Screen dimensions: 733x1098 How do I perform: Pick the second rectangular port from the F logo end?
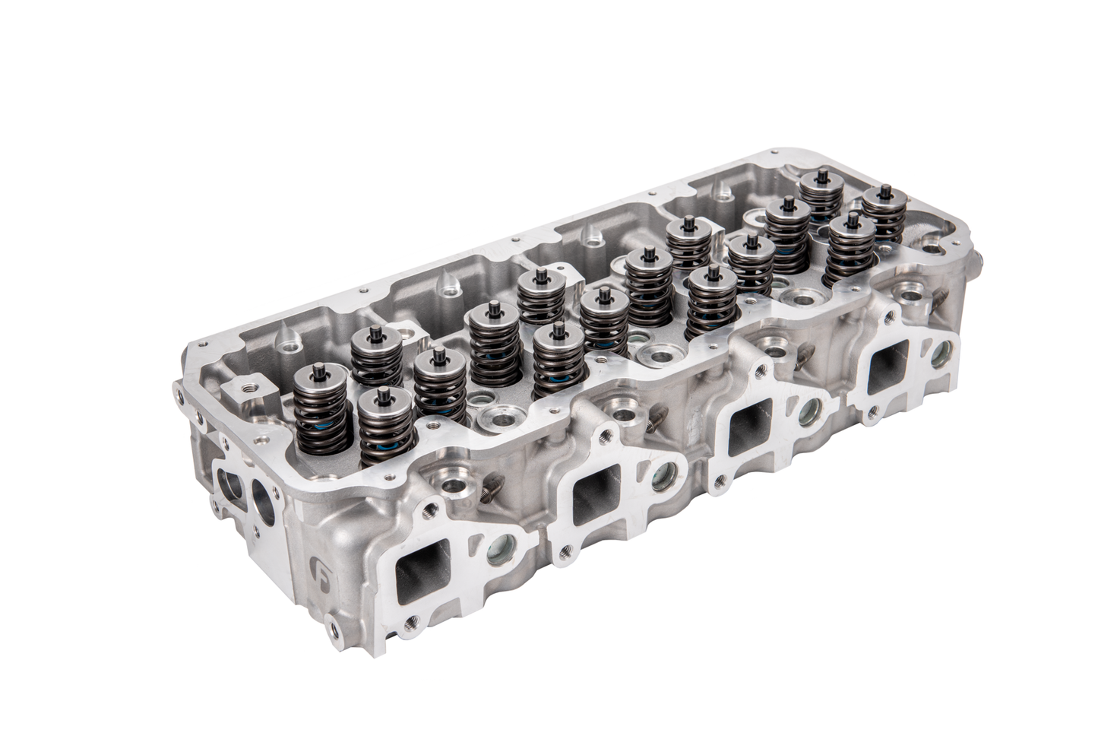point(594,503)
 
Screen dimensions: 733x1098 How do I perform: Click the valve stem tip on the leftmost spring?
point(316,372)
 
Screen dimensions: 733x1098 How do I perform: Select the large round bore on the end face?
point(262,503)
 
